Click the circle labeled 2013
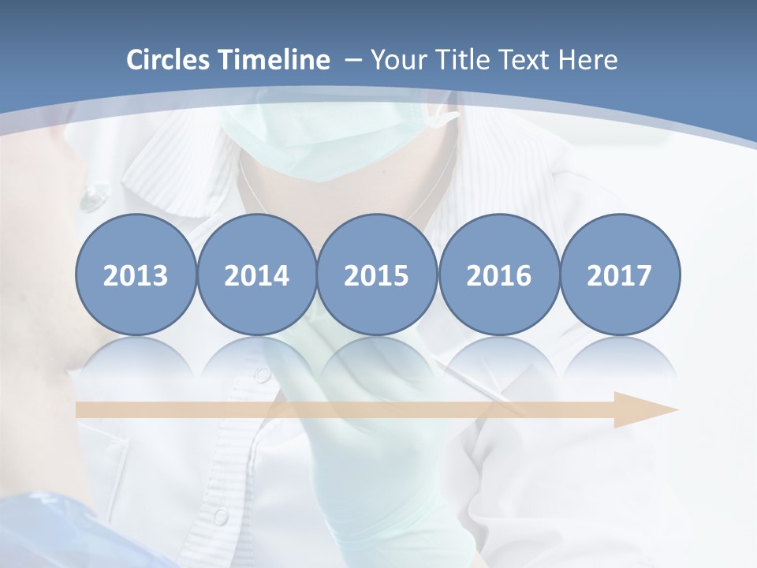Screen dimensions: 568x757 coord(136,275)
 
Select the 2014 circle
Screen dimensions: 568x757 coord(257,275)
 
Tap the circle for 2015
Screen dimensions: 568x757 coord(377,275)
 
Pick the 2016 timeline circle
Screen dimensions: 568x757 coord(498,275)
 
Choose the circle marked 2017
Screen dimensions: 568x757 coord(620,275)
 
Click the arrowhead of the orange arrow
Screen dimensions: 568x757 coord(647,409)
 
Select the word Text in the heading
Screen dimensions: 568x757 coord(526,60)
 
